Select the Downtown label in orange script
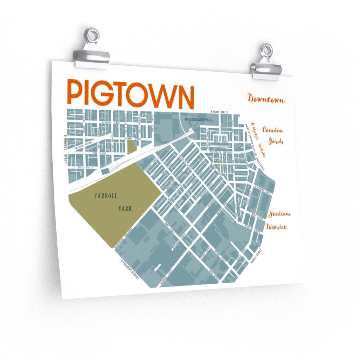(266, 99)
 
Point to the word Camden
(272, 130)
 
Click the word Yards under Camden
(276, 141)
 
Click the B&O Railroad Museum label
(199, 120)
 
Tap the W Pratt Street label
(219, 112)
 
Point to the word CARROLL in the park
(105, 195)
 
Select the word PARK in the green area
(125, 208)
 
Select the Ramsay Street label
(132, 139)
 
